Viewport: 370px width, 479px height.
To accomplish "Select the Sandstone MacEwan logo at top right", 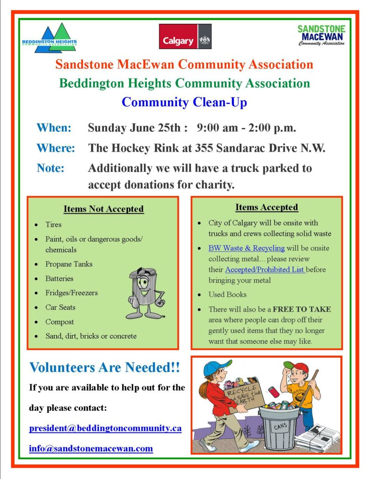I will (321, 35).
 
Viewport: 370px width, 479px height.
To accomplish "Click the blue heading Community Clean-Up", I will (185, 102).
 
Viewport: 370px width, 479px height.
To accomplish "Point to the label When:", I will (54, 127).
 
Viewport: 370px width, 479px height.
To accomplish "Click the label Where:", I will (56, 148).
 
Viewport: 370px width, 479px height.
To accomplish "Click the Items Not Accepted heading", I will (103, 209).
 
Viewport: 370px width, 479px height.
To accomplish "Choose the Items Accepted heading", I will (267, 207).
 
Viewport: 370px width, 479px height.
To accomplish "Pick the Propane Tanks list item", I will (69, 264).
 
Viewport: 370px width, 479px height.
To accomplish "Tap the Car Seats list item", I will (60, 307).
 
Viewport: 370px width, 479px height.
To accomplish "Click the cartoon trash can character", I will (145, 292).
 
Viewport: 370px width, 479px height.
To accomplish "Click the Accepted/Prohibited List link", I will (265, 269).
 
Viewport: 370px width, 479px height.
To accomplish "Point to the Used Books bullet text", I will (227, 295).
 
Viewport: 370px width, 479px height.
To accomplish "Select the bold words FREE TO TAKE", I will (302, 309).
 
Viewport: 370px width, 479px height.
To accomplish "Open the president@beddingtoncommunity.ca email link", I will (105, 428).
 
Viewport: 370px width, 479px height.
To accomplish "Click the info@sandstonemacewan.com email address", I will (91, 448).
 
